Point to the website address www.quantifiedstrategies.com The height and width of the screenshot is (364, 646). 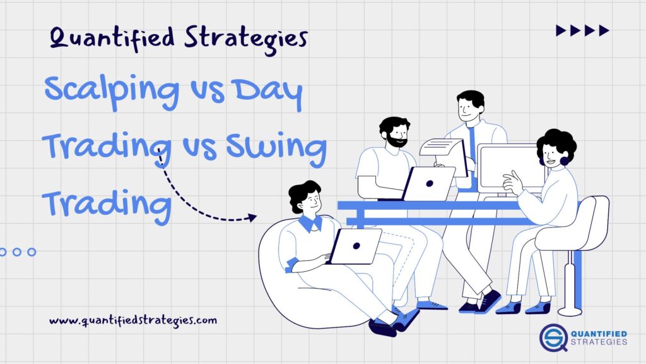(133, 320)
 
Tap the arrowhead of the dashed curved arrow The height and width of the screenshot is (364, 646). (252, 217)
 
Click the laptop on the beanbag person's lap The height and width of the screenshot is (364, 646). (356, 246)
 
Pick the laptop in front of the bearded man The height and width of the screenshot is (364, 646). (429, 183)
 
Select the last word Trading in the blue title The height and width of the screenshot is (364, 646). (107, 203)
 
